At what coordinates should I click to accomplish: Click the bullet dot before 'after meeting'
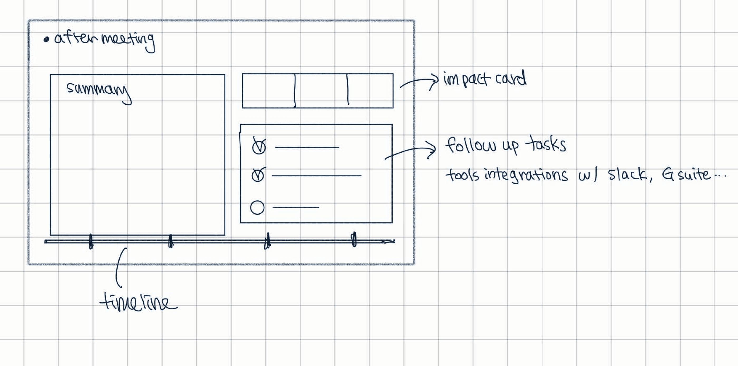click(x=46, y=40)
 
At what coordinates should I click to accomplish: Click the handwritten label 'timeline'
click(x=138, y=303)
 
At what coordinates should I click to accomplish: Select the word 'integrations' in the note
click(x=526, y=175)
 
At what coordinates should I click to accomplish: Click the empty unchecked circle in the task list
click(x=257, y=208)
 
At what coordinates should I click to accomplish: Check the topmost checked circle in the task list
click(x=259, y=147)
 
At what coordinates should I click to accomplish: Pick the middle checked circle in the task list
click(x=258, y=175)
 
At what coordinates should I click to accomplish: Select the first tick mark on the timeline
click(x=91, y=241)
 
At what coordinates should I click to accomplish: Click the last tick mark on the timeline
click(x=354, y=239)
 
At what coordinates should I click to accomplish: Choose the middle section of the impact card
click(x=321, y=91)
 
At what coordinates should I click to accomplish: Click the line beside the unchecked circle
click(x=296, y=207)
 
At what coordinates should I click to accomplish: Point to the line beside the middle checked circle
click(x=316, y=175)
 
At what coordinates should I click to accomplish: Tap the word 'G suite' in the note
click(x=686, y=175)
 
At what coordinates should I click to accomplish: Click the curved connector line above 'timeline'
click(x=118, y=268)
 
